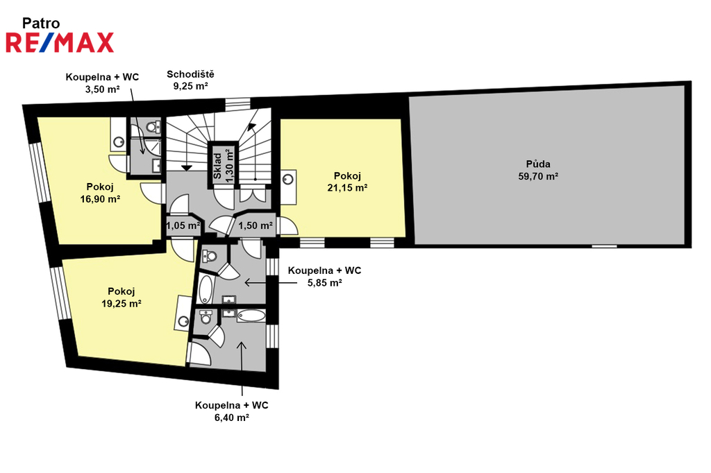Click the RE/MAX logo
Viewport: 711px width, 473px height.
pyautogui.click(x=60, y=42)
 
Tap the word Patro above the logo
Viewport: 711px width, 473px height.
pyautogui.click(x=41, y=23)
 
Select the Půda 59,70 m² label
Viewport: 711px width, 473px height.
pyautogui.click(x=538, y=170)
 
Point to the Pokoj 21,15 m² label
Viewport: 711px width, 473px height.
pyautogui.click(x=347, y=182)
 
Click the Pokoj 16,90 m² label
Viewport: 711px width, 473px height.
pyautogui.click(x=100, y=193)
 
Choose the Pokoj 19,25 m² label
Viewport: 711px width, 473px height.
pyautogui.click(x=121, y=298)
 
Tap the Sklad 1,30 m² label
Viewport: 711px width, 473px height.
pyautogui.click(x=224, y=166)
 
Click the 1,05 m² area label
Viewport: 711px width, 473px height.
pyautogui.click(x=183, y=225)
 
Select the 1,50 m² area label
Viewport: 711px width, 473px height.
pyautogui.click(x=256, y=225)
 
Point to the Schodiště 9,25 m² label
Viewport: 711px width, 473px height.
pyautogui.click(x=190, y=80)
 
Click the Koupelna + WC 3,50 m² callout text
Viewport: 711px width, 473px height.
pyautogui.click(x=102, y=83)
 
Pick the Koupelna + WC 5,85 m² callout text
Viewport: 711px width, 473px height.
pyautogui.click(x=325, y=276)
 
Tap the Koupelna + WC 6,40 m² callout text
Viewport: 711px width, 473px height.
pyautogui.click(x=232, y=411)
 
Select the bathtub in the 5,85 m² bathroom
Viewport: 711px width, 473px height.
pyautogui.click(x=206, y=289)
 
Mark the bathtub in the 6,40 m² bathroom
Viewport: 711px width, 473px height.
pyautogui.click(x=251, y=316)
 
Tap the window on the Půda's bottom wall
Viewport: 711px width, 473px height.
pyautogui.click(x=605, y=246)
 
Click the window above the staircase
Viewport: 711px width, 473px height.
pyautogui.click(x=237, y=104)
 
